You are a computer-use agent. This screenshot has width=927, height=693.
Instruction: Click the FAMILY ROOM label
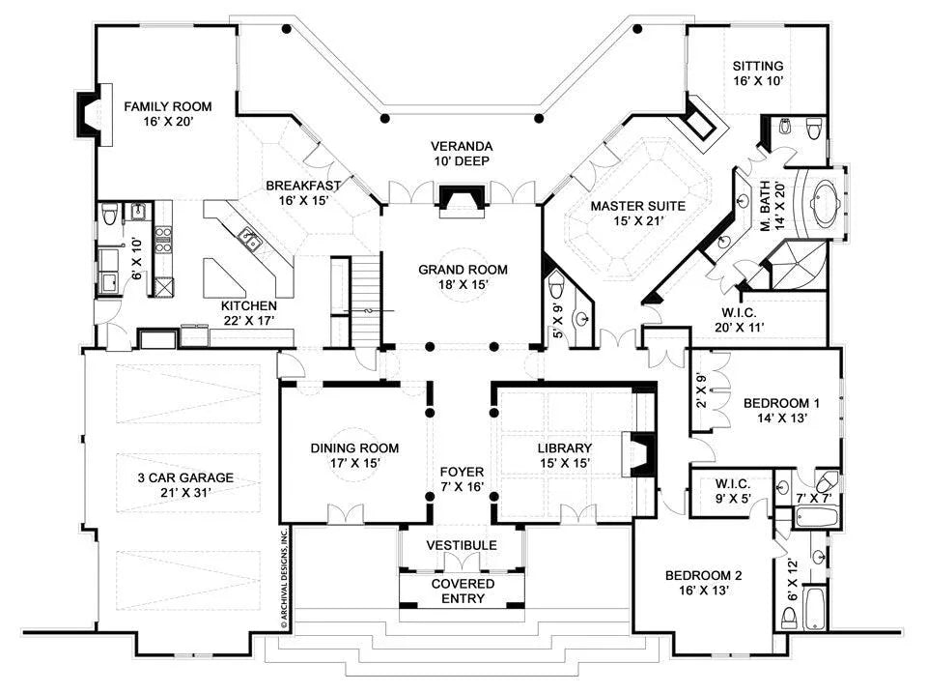click(167, 106)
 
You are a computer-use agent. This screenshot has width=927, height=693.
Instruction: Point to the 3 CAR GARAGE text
click(184, 476)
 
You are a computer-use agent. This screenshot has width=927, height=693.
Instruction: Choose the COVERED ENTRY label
click(463, 591)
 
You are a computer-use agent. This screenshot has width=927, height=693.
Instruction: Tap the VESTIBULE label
click(463, 545)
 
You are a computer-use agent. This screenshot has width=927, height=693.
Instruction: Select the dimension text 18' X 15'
click(463, 286)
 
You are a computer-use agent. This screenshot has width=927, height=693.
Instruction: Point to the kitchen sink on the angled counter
click(250, 238)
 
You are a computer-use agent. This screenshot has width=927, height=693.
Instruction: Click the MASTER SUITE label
click(637, 206)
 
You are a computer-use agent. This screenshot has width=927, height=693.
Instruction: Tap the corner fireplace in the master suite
click(702, 123)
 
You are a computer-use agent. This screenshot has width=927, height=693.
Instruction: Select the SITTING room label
click(757, 66)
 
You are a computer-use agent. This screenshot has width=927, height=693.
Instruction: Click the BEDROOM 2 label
click(703, 577)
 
